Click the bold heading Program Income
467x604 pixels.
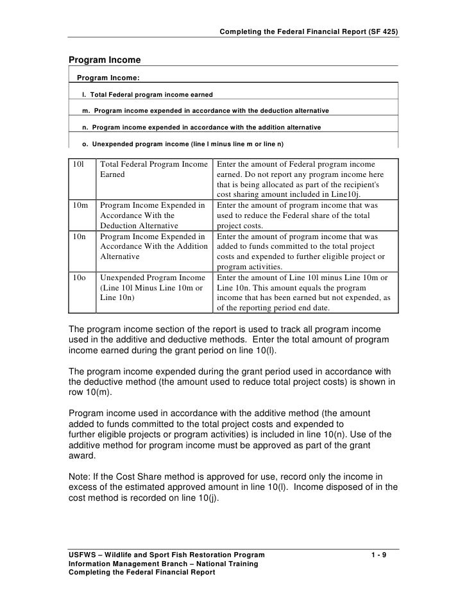tap(105, 60)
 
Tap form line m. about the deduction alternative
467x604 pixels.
tap(205, 111)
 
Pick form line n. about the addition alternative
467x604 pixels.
tap(201, 127)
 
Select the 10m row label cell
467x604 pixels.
tap(80, 206)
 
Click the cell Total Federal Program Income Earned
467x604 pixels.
tap(154, 169)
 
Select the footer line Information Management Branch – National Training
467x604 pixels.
tap(163, 564)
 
